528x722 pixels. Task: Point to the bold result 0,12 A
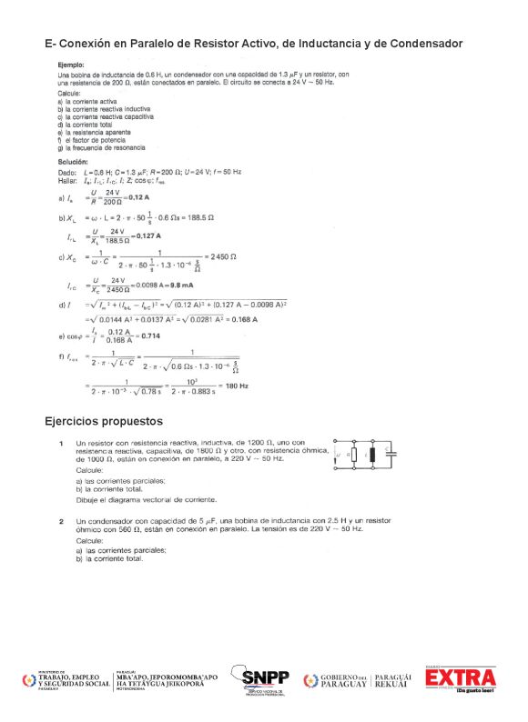point(138,197)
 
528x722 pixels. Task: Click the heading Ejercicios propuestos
point(104,422)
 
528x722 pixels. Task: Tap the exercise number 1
point(60,443)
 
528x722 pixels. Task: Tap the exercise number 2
point(60,522)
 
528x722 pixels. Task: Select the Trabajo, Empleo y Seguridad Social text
point(72,679)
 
